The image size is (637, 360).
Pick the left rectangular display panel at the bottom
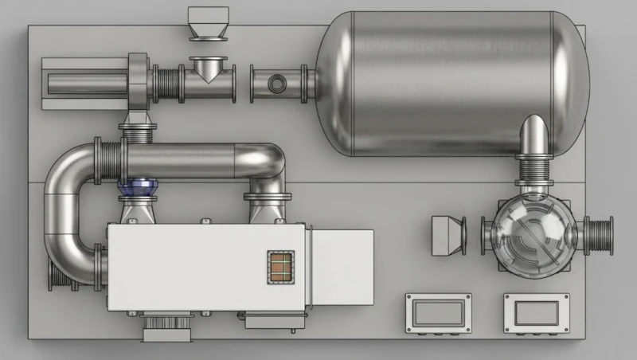[x=439, y=312]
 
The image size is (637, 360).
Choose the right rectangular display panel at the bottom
[x=537, y=312]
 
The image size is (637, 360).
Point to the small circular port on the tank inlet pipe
[x=276, y=83]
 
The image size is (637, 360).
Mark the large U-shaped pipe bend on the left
[x=68, y=215]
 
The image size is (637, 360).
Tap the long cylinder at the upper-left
[x=84, y=82]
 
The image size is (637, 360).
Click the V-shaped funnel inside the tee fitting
[x=209, y=72]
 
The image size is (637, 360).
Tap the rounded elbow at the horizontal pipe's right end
[x=267, y=162]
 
